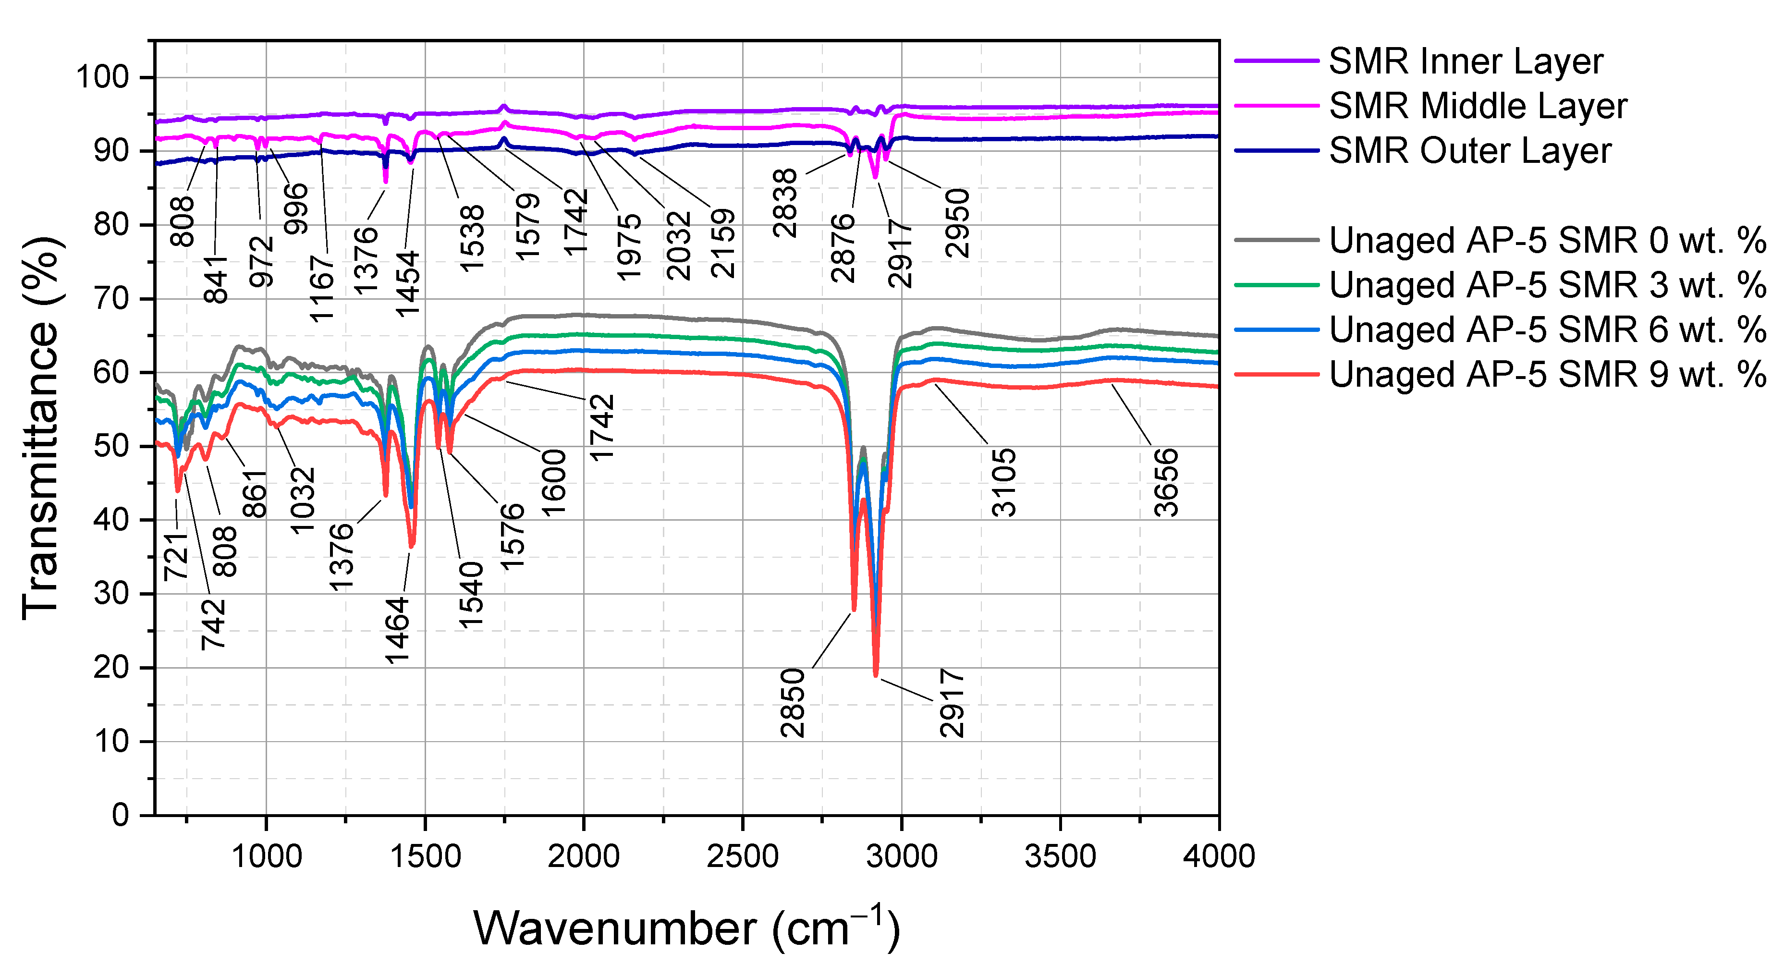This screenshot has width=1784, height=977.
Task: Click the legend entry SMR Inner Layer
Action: coord(1465,61)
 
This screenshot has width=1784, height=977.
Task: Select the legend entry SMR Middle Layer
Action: coord(1477,106)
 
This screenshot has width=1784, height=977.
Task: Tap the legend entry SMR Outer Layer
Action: coord(1469,151)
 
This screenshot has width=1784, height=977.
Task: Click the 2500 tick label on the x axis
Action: coord(743,856)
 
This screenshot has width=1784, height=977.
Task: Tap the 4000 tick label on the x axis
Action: coord(1218,856)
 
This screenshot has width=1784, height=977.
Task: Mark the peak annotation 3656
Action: coord(1166,483)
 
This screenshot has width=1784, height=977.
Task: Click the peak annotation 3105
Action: coord(1004,483)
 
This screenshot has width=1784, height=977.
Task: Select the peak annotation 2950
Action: coord(958,223)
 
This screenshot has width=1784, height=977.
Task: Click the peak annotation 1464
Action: coord(398,631)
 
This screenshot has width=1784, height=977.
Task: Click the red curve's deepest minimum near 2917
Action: coord(876,675)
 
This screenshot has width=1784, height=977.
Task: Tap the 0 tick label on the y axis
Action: coord(121,815)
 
